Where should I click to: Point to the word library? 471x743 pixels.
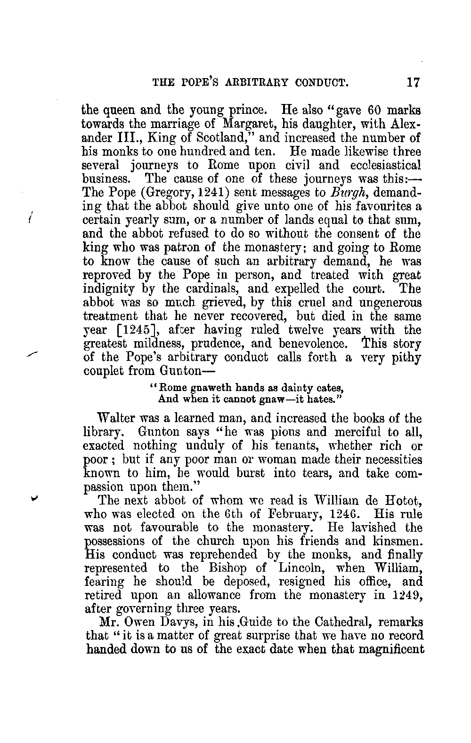[x=106, y=432]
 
